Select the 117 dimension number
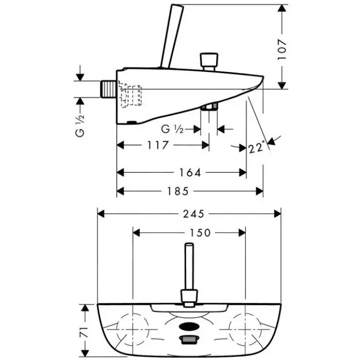[158, 146]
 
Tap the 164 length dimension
[190, 172]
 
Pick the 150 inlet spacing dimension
[190, 233]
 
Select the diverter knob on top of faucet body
[209, 61]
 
